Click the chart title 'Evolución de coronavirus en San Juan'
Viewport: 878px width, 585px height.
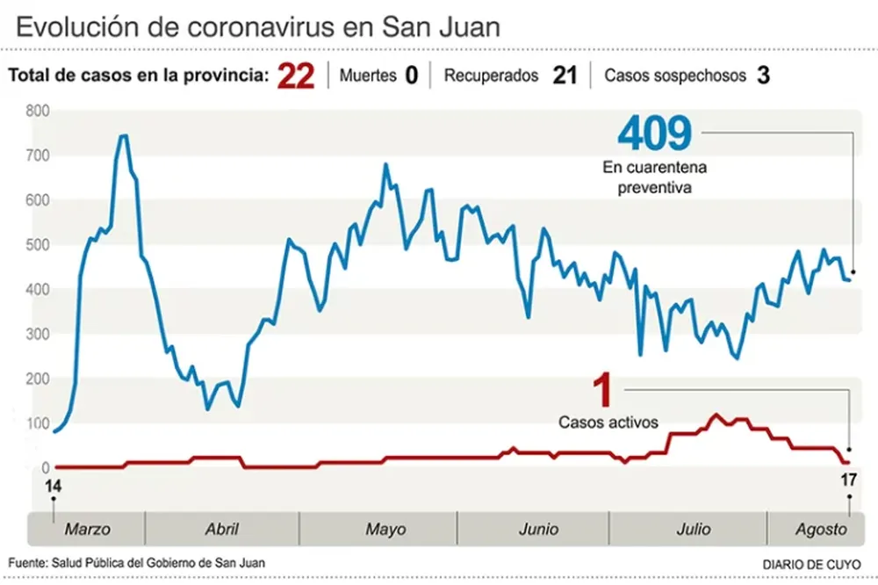click(259, 25)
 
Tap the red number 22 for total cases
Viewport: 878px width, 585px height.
click(295, 76)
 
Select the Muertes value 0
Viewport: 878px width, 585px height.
click(411, 76)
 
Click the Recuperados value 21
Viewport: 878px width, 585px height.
click(565, 76)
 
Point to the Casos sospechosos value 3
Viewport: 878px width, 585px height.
click(763, 76)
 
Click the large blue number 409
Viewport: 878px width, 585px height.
click(654, 133)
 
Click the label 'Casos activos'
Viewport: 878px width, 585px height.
click(608, 422)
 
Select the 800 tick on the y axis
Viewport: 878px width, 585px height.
click(38, 111)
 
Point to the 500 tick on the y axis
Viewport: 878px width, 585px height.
click(38, 245)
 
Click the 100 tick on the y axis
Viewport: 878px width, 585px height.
click(38, 424)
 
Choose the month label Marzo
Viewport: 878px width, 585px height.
click(88, 530)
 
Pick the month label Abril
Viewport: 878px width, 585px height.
click(221, 530)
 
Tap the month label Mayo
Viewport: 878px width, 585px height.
click(385, 530)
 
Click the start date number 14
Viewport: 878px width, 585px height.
click(54, 485)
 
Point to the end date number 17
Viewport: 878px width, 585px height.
click(847, 480)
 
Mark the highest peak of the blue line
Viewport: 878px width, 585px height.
click(123, 135)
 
